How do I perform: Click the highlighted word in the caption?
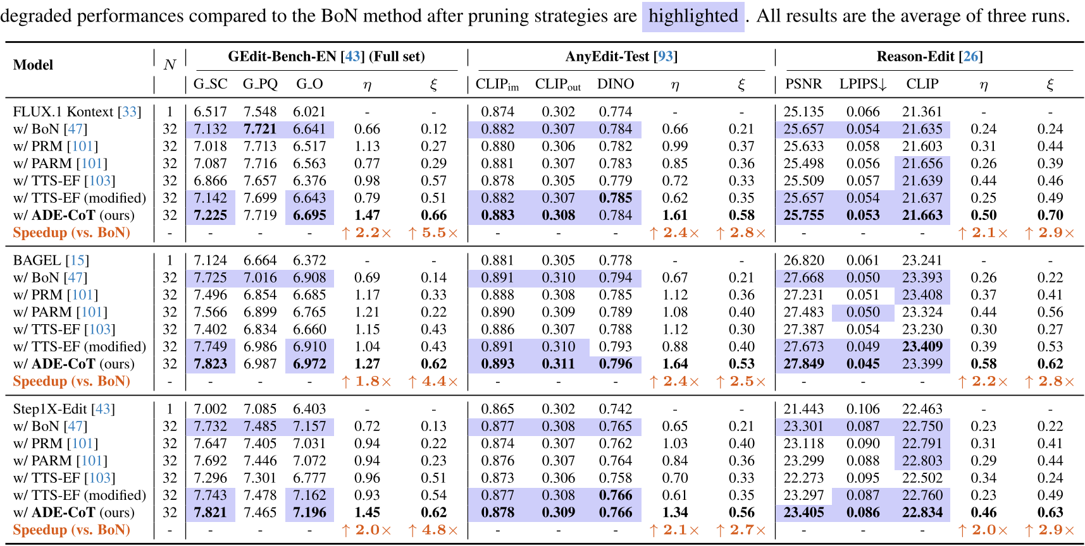pos(693,16)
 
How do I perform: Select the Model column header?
pos(33,65)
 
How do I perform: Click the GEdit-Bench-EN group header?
pos(326,57)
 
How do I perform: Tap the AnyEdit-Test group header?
pos(621,57)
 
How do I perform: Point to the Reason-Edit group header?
pos(929,57)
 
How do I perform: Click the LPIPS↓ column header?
pos(863,84)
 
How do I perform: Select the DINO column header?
pos(616,84)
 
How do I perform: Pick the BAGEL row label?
pos(51,260)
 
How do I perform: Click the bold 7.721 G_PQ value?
pos(260,129)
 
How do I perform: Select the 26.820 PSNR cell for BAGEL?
pos(803,260)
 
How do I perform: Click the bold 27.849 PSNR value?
pos(803,364)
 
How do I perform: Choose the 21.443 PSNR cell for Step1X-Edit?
pos(803,409)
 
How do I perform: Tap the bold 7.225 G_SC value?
pos(210,215)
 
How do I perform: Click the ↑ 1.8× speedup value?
pos(366,381)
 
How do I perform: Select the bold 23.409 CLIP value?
pos(922,346)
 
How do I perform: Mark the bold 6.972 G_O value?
pos(309,364)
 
